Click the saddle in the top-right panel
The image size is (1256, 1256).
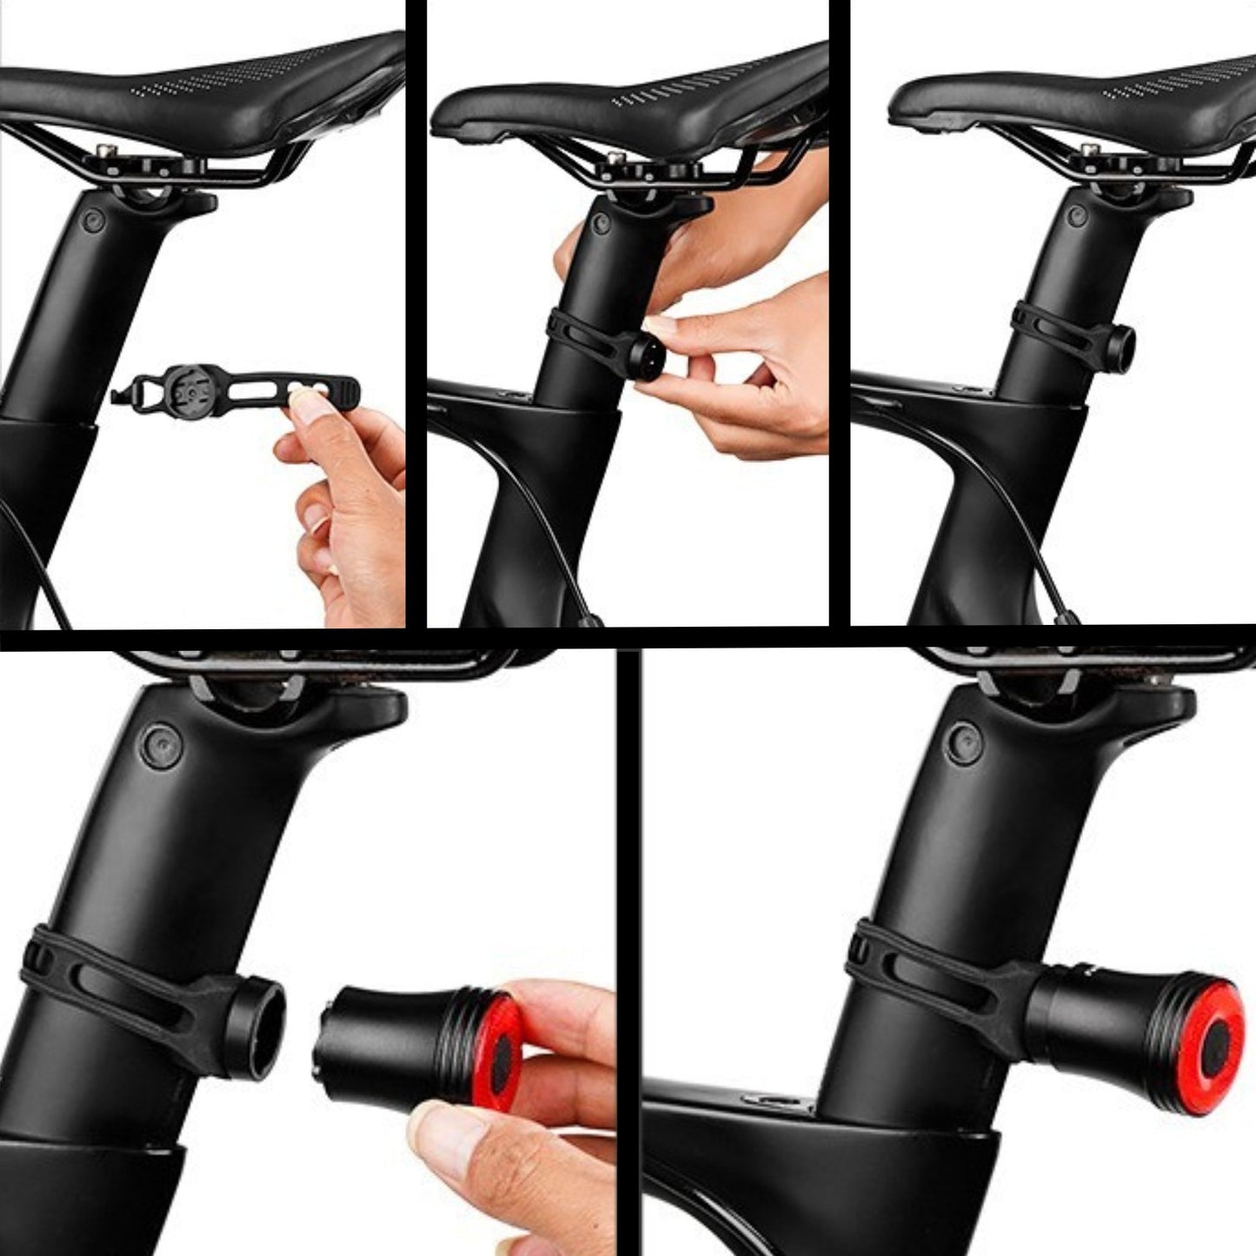pos(1069,100)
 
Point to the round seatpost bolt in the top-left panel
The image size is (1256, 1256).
pos(91,223)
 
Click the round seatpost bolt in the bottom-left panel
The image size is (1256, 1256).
pos(163,745)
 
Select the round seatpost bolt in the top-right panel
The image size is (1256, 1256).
pos(1075,215)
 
